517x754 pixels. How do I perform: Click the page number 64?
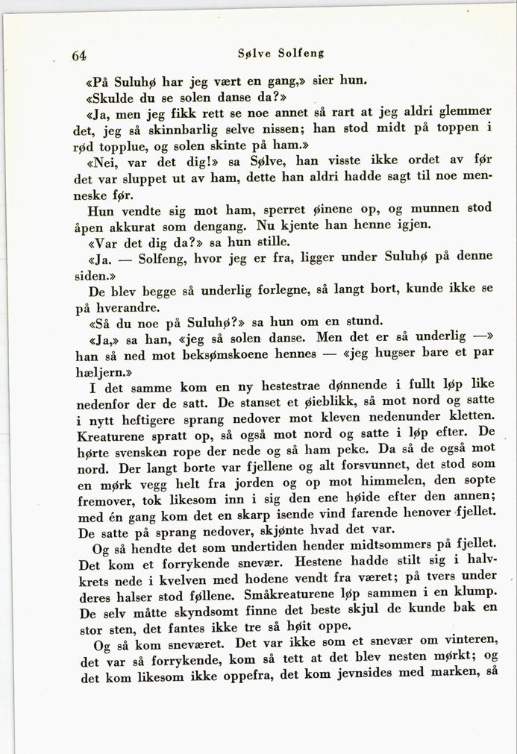pyautogui.click(x=79, y=55)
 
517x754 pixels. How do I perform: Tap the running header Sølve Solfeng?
pyautogui.click(x=281, y=54)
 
